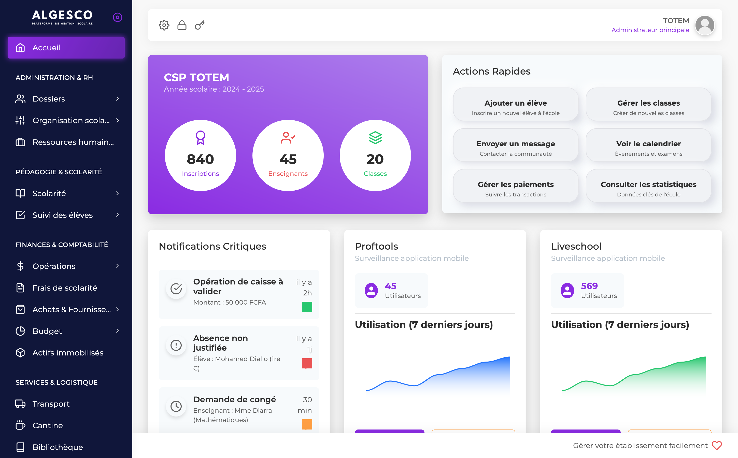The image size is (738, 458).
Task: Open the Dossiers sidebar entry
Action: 48,99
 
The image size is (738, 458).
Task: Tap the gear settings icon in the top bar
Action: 164,25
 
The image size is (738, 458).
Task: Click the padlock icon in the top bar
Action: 182,25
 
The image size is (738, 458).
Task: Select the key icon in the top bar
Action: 200,25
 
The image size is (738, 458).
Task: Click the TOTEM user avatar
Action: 705,25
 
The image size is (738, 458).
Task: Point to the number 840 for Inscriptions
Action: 200,159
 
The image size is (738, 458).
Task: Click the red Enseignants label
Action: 288,174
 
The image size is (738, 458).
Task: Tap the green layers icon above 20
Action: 375,138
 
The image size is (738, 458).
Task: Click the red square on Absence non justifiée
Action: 307,363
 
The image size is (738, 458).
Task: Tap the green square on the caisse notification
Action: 307,307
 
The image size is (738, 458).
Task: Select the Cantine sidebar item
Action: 48,425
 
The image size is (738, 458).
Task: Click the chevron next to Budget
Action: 118,331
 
